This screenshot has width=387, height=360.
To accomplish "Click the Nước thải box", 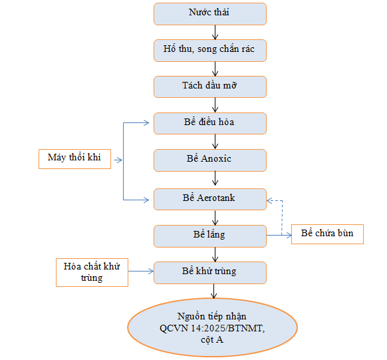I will click(210, 13).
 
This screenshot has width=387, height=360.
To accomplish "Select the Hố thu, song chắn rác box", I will click(210, 50).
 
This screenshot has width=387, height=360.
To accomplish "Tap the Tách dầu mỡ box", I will click(210, 87).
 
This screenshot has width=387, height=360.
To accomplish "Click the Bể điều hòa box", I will click(210, 123).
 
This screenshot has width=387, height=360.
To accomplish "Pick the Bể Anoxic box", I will click(210, 160).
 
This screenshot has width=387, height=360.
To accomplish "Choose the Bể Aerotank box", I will click(210, 198).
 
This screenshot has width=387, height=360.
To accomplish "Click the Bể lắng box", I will click(210, 235).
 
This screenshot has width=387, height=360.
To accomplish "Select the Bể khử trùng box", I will click(210, 271).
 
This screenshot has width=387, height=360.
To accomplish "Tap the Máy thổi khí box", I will click(74, 158).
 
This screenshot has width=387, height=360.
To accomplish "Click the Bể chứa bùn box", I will click(327, 234).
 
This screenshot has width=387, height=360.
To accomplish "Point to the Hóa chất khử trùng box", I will click(92, 271).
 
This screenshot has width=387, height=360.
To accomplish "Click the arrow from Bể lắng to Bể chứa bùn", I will click(279, 235).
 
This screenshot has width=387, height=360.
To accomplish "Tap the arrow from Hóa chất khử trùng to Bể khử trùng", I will click(141, 271).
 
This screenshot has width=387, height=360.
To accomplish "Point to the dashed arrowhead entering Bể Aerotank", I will click(270, 200).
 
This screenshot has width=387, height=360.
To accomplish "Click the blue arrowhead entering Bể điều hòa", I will click(150, 123).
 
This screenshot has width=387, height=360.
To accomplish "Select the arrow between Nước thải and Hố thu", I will click(214, 32).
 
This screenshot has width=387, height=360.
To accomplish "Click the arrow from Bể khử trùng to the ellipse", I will click(214, 291).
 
